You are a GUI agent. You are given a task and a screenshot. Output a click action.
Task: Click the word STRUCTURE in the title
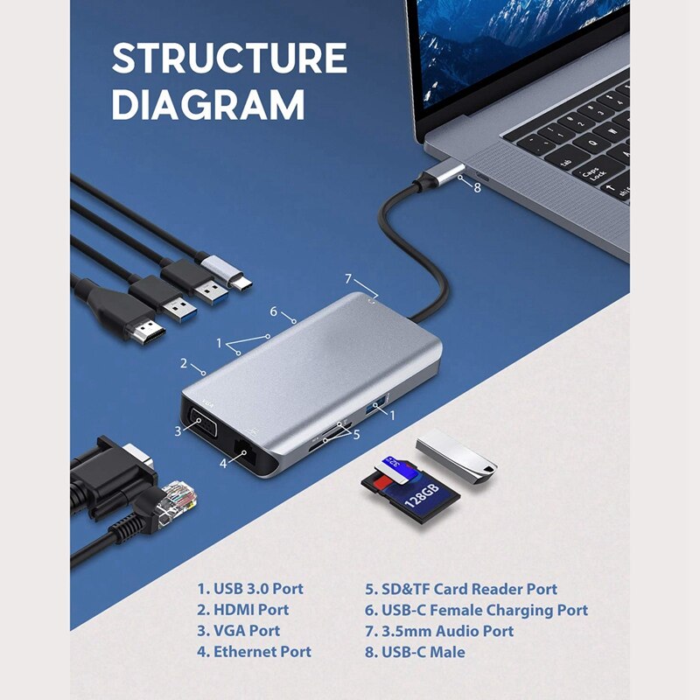229,59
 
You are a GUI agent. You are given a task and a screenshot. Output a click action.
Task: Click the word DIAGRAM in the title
208,105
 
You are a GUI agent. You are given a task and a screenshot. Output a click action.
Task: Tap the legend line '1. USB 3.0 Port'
250,589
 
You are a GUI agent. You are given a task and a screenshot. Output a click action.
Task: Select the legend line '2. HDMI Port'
242,610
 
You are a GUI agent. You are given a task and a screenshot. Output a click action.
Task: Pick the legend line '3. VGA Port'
238,631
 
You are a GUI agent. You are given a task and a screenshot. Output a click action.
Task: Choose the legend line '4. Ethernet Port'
254,652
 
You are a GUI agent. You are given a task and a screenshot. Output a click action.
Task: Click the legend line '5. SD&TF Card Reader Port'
461,589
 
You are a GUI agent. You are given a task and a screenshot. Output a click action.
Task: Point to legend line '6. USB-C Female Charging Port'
477,610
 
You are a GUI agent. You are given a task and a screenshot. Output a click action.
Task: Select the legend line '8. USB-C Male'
416,652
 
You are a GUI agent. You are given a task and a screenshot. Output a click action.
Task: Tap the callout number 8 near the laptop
477,185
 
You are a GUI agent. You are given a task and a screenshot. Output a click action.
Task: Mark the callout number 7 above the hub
348,279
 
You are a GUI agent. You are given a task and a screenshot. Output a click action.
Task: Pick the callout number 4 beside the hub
223,464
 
